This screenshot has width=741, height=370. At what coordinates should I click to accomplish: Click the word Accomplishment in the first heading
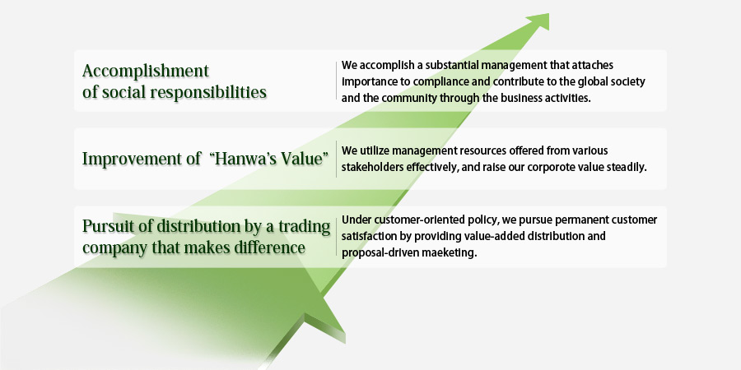click(146, 72)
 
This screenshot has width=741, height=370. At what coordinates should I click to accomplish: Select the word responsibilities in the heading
click(208, 91)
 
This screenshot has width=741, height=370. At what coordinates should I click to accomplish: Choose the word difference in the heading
click(270, 247)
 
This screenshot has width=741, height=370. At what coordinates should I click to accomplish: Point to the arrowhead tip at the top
click(548, 13)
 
